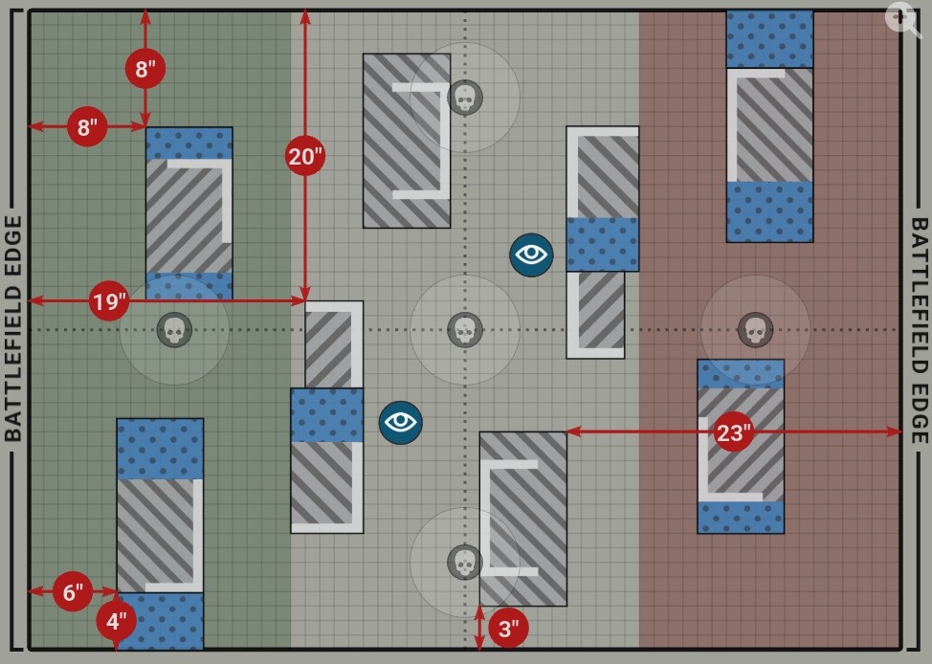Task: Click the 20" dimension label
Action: (305, 155)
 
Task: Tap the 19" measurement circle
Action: (109, 302)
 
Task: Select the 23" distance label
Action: (733, 432)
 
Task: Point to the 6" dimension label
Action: (73, 591)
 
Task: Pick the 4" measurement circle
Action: (116, 621)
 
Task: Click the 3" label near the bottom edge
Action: (508, 629)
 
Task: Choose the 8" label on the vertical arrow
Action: (144, 69)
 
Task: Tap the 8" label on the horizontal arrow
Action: (87, 126)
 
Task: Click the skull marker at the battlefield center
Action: (465, 330)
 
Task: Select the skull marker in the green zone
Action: (174, 330)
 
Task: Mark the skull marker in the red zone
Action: (755, 330)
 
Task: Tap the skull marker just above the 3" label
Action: (465, 563)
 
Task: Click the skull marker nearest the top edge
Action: (465, 97)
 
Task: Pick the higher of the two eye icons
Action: (531, 255)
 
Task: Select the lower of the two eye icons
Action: (401, 422)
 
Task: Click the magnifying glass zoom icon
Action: (901, 18)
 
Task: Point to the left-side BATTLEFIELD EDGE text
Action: (13, 328)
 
